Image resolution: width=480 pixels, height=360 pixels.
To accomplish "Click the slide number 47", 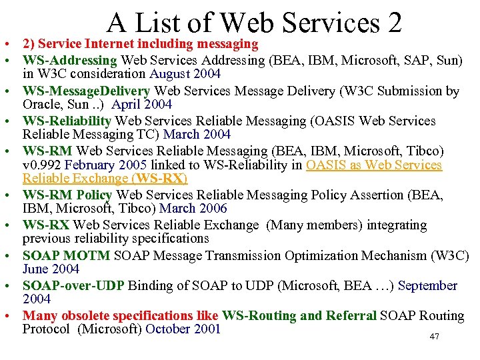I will pyautogui.click(x=434, y=337).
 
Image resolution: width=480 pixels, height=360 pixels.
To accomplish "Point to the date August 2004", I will pyautogui.click(x=185, y=74).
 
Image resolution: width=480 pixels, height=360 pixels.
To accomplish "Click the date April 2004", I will pyautogui.click(x=141, y=104).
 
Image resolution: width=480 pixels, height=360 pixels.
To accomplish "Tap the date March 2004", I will pyautogui.click(x=198, y=134).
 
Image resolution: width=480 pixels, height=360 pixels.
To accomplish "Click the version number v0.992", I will pyautogui.click(x=43, y=165).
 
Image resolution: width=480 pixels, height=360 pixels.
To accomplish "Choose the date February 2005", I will pyautogui.click(x=107, y=165).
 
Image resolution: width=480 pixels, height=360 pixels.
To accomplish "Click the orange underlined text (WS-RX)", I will pyautogui.click(x=160, y=178).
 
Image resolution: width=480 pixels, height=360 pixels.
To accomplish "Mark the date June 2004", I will pyautogui.click(x=51, y=269).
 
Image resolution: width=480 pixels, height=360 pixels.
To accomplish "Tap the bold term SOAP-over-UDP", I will pyautogui.click(x=73, y=285).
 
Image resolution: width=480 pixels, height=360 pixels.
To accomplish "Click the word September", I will pyautogui.click(x=428, y=285).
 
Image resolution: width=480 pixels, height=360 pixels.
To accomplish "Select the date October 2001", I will pyautogui.click(x=183, y=329).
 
